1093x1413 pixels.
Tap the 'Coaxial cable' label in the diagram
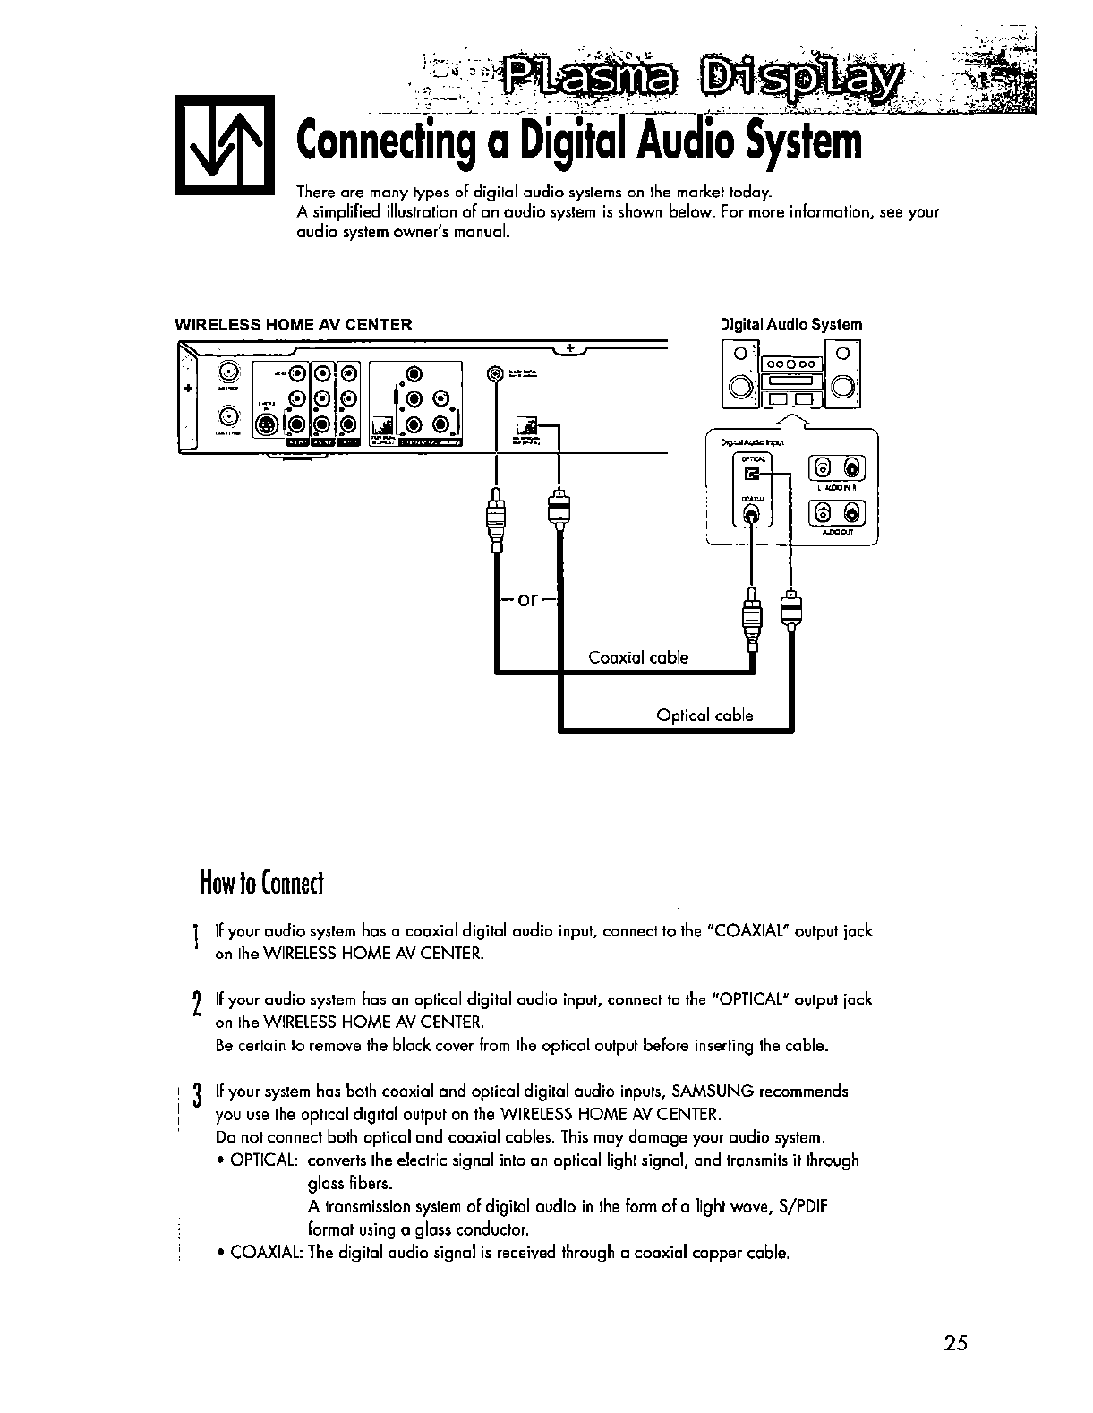[x=638, y=657]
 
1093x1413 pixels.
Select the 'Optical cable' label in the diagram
[x=704, y=715]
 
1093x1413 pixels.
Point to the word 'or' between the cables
[x=528, y=599]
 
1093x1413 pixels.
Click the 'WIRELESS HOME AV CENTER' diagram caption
[x=294, y=324]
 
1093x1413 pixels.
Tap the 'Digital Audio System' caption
[x=791, y=324]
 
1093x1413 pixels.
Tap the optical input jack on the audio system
[x=752, y=473]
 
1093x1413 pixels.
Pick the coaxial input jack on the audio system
[x=753, y=514]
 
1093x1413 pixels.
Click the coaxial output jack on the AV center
[x=494, y=373]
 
